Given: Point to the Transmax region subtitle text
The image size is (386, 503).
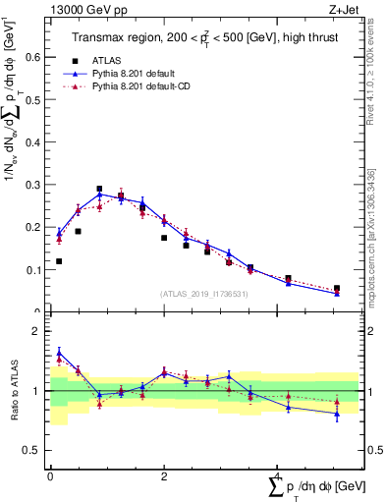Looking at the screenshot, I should click(207, 37).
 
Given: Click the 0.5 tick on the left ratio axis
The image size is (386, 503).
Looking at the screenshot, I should click(32, 450).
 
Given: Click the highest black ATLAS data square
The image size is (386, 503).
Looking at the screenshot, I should click(99, 189).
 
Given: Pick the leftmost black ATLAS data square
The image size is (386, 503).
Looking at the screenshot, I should click(59, 261).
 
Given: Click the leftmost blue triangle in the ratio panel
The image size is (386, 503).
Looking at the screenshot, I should click(59, 353).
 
